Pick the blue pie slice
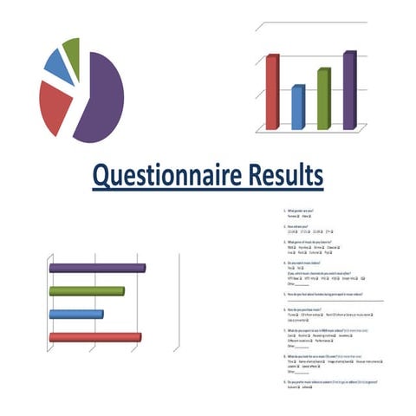click(x=57, y=64)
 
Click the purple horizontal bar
click(x=96, y=268)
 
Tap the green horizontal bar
click(x=86, y=291)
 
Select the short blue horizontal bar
click(x=76, y=314)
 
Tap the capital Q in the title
click(x=101, y=177)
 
